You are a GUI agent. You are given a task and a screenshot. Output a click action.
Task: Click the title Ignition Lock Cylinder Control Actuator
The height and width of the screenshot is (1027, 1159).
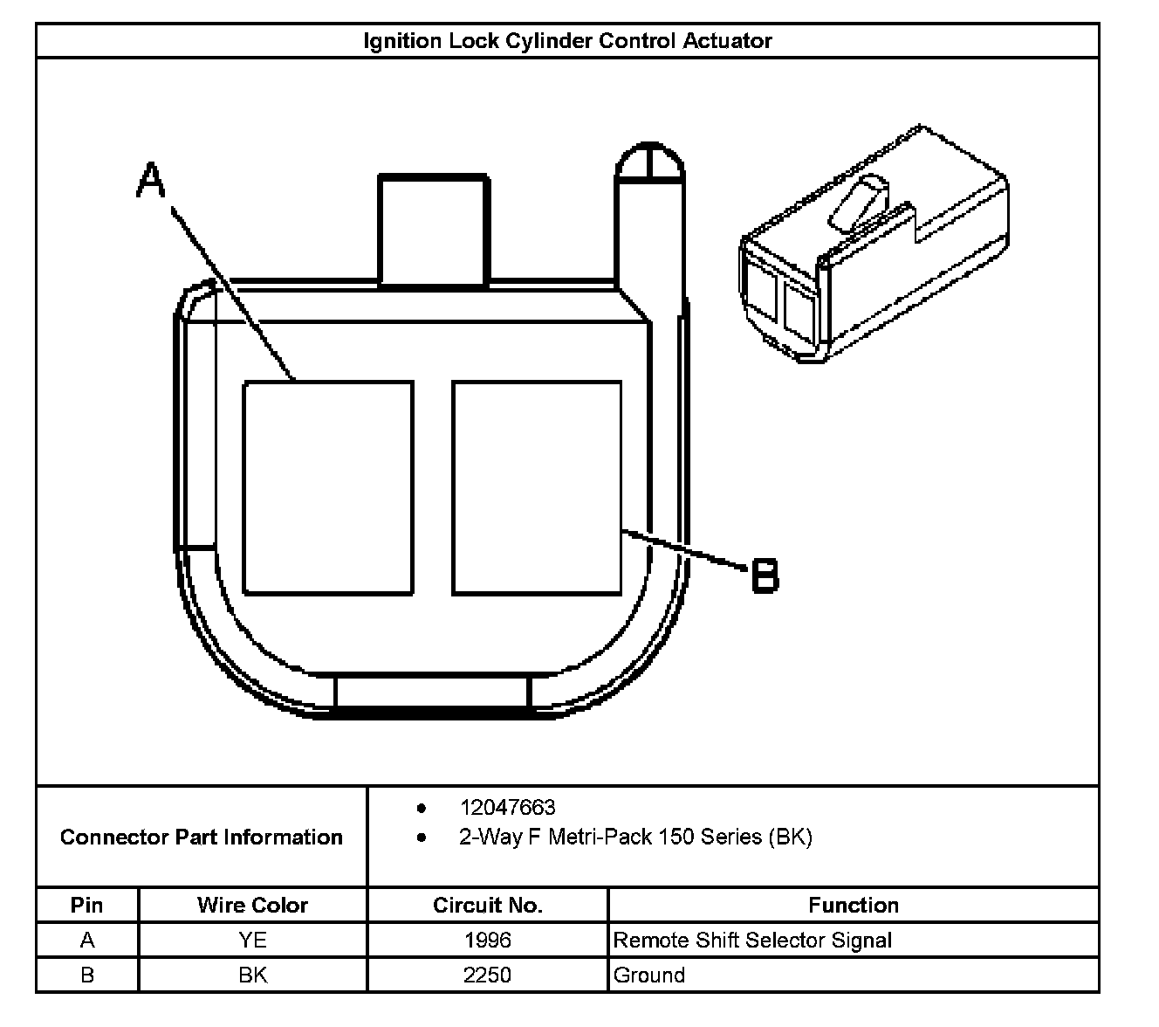point(567,41)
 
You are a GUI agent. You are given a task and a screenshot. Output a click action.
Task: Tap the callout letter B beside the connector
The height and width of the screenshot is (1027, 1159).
point(765,576)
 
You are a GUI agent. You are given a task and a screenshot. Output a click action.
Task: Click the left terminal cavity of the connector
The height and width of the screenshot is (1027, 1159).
point(327,487)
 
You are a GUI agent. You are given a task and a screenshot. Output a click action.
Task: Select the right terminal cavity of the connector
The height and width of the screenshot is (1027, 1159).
point(537,487)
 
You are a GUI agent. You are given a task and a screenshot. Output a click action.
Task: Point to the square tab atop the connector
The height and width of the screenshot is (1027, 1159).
point(433,229)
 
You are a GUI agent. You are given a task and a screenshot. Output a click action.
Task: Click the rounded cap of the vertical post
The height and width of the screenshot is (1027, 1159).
point(650,163)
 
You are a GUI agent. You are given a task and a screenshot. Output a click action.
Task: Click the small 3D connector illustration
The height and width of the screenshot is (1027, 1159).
point(873,245)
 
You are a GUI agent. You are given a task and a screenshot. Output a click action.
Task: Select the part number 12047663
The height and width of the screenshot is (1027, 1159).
point(507,808)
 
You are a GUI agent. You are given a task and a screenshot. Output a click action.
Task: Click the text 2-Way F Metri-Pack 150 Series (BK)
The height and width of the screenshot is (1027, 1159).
point(635,837)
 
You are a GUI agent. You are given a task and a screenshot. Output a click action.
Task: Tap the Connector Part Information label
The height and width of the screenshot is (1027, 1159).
point(202,837)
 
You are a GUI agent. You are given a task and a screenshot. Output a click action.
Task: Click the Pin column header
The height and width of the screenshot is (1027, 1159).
point(86,906)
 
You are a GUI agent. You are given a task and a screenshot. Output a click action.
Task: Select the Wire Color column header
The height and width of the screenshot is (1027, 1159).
point(252,906)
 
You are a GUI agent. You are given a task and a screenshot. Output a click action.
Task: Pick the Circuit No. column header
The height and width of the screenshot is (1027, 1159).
point(487,906)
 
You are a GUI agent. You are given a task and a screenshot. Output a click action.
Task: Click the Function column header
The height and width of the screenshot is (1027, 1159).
point(853,906)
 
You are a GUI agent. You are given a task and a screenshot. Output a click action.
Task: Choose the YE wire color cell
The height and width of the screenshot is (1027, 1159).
point(252,941)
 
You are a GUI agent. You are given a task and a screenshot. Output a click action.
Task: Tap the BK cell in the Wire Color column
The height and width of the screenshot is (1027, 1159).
point(252,975)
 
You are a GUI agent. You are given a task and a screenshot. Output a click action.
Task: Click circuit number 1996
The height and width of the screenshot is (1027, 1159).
point(487,941)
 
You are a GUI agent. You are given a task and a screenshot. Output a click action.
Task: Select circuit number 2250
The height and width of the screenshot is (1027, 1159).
point(487,975)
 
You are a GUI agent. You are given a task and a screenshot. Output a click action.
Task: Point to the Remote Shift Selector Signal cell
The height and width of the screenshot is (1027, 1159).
point(752,941)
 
